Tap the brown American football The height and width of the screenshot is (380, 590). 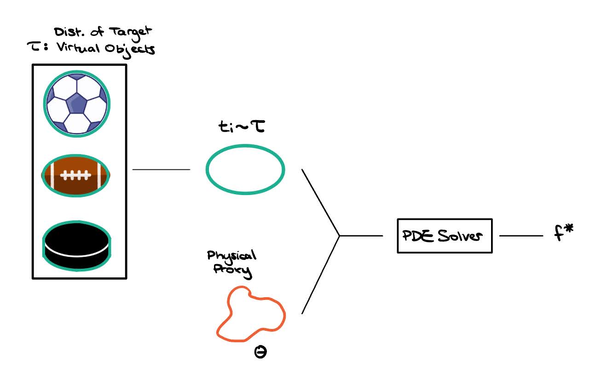pyautogui.click(x=76, y=175)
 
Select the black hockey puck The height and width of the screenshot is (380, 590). pyautogui.click(x=76, y=245)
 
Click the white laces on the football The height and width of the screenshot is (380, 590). pyautogui.click(x=75, y=175)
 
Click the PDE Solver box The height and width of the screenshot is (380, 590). pyautogui.click(x=444, y=236)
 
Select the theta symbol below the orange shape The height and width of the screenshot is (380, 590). pyautogui.click(x=260, y=353)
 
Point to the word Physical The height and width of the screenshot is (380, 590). pyautogui.click(x=231, y=256)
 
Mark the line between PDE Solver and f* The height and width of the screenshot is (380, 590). pyautogui.click(x=521, y=236)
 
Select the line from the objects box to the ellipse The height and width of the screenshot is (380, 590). pyautogui.click(x=161, y=170)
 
